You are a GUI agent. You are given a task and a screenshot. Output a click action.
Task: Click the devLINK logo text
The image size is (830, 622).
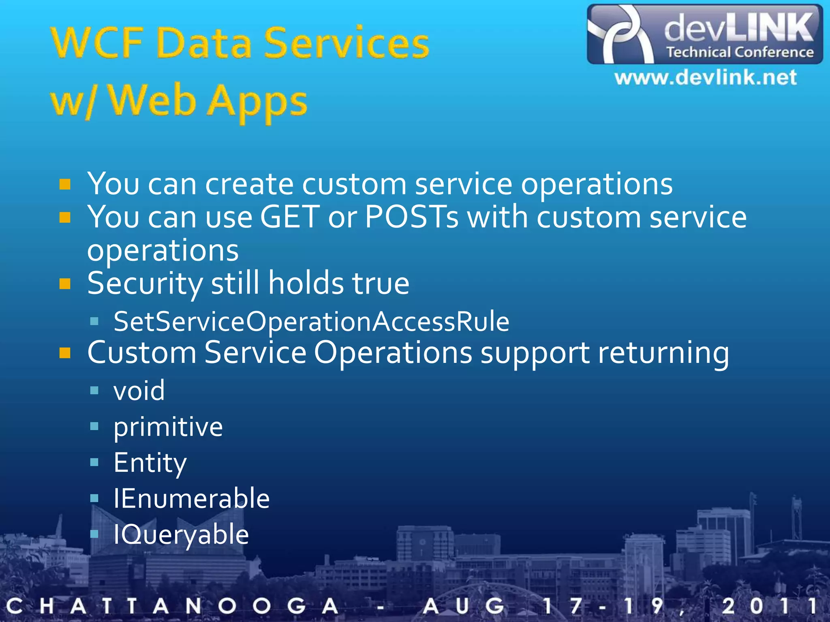[738, 28]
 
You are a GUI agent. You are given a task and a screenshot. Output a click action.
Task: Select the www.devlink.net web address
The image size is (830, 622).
[706, 77]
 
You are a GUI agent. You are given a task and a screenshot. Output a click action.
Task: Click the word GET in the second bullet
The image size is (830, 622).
[290, 217]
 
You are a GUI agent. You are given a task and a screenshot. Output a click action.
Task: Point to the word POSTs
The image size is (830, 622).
[412, 217]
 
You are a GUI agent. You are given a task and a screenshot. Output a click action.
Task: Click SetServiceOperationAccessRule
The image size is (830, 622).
[311, 322]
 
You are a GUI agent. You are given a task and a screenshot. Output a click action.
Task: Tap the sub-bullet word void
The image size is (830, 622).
[139, 391]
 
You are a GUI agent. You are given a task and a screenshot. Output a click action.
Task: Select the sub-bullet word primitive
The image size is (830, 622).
[168, 427]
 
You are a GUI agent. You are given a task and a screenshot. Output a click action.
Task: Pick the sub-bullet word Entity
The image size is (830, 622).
[150, 462]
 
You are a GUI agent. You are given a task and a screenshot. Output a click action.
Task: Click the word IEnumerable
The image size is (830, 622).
[191, 498]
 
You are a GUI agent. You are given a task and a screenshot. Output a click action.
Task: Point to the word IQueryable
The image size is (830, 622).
[181, 535]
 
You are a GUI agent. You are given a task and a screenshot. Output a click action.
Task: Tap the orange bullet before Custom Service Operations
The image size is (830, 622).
[65, 353]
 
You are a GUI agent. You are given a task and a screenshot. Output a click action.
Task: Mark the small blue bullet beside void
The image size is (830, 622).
[94, 391]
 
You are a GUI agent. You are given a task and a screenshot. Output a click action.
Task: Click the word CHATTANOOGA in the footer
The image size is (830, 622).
[172, 606]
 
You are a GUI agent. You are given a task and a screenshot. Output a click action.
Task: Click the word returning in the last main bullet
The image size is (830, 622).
[663, 353]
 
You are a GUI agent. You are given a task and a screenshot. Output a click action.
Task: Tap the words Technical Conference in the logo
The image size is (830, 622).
[740, 52]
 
